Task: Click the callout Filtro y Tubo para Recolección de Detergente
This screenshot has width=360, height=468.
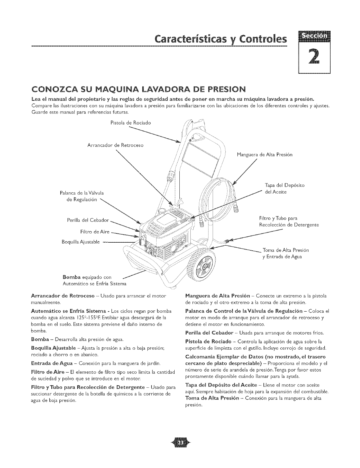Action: pos(289,222)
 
